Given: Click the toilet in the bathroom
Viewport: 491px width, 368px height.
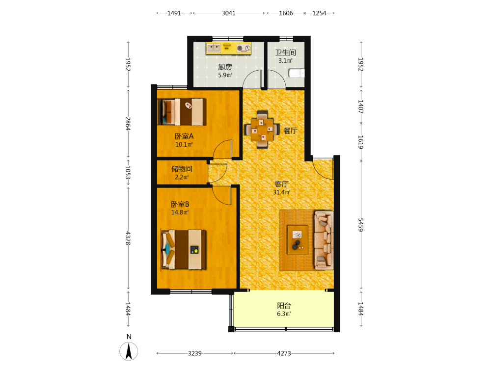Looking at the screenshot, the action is tap(296, 73).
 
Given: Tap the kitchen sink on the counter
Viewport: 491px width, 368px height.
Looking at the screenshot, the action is tap(214, 48).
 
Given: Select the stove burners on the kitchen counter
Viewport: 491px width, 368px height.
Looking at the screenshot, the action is tap(244, 48).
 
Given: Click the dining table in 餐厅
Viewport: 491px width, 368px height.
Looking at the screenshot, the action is tap(262, 130).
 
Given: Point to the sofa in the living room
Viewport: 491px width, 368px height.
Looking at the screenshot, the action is tap(324, 240).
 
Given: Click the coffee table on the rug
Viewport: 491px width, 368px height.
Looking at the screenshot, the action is tap(298, 239).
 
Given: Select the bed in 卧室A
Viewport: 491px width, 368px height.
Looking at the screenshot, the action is tap(182, 112).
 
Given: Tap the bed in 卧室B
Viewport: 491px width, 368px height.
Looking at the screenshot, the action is tap(184, 250).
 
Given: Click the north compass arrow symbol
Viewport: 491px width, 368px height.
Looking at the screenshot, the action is tap(129, 351).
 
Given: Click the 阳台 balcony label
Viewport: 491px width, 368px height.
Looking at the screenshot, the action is tap(284, 305).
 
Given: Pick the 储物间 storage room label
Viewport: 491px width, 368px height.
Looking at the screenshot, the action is tap(182, 169).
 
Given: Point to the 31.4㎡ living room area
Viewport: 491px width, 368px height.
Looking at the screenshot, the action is tap(281, 192).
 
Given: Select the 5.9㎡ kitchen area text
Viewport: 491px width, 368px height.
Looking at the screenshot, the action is tap(225, 75).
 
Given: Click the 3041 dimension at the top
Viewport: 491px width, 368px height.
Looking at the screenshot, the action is tap(229, 13).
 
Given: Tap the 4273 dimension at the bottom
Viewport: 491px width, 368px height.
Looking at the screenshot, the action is tap(284, 353).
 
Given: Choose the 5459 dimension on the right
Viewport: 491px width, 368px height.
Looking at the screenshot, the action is tap(361, 225).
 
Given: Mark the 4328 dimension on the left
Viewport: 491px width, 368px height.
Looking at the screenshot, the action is tap(128, 238).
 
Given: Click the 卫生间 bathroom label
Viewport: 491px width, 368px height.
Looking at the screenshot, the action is tap(285, 53).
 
